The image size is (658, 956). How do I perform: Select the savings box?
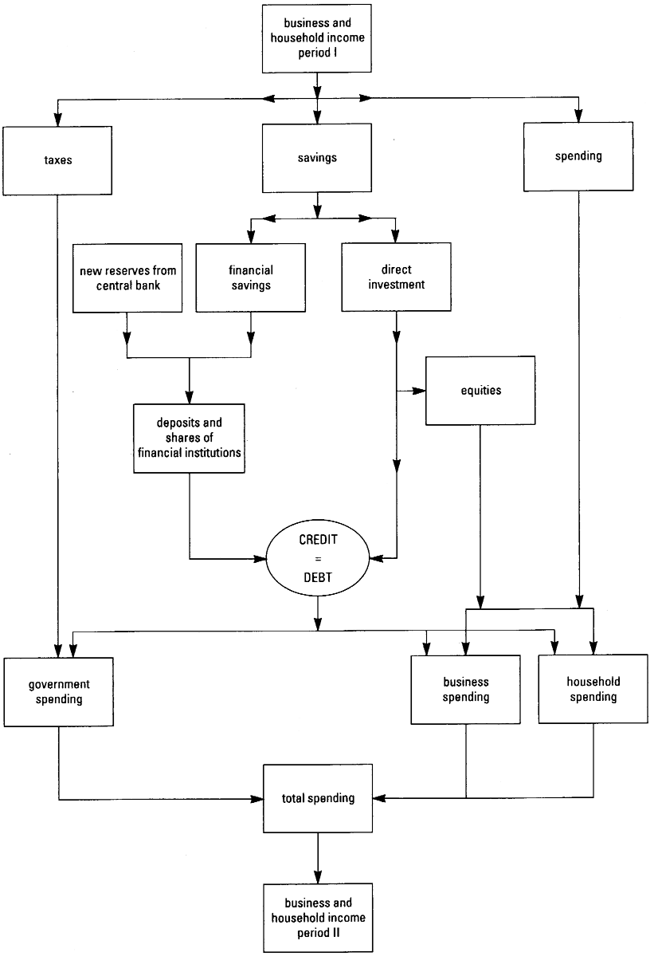point(317,157)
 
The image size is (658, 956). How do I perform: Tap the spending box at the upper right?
point(578,155)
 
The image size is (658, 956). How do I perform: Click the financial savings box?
point(251,277)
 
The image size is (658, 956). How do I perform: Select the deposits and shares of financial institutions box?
point(189,439)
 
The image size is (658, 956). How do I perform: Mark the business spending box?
point(466,690)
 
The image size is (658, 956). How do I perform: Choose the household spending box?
point(593,689)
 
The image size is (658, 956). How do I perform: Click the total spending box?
point(318,797)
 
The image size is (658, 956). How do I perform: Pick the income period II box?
point(318,917)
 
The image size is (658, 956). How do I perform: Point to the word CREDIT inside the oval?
point(318,540)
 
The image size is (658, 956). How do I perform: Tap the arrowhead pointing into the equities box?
point(421,391)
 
